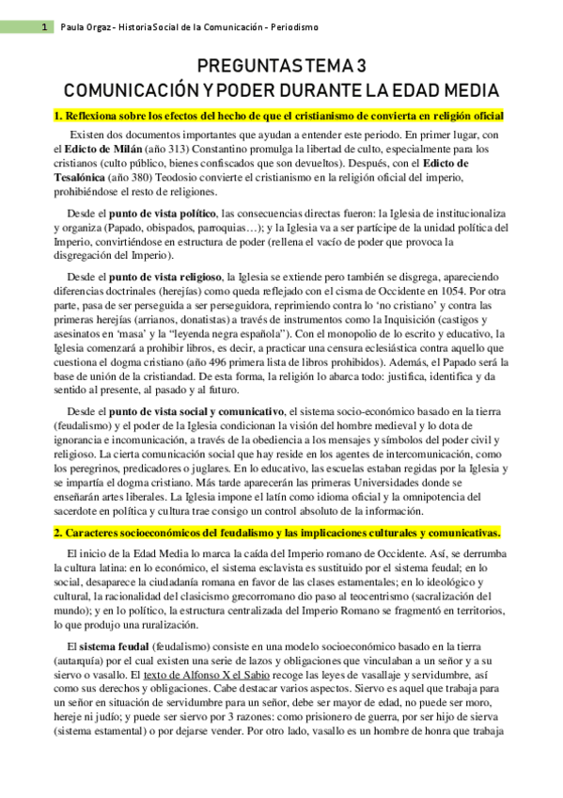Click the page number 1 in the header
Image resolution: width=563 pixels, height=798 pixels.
pos(44,28)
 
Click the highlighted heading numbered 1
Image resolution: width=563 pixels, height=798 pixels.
pos(279,116)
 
